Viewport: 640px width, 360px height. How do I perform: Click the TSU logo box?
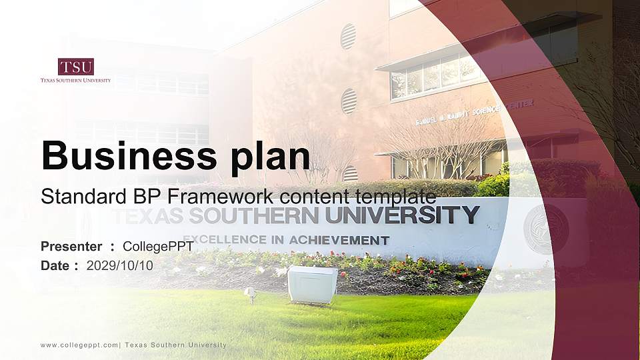click(x=75, y=67)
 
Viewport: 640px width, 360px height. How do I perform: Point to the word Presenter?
click(x=71, y=247)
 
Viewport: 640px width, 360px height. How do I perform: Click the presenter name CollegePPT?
click(x=159, y=247)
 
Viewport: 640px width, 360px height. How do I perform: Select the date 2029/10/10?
click(x=120, y=265)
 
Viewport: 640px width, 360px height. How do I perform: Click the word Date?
click(x=55, y=265)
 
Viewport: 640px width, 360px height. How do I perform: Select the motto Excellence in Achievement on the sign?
click(x=287, y=239)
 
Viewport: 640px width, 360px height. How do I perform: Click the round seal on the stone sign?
click(x=546, y=229)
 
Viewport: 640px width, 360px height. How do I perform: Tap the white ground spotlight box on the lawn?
click(x=312, y=284)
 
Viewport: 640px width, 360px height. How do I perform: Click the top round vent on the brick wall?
click(x=348, y=37)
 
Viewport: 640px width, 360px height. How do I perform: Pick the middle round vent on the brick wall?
click(x=349, y=101)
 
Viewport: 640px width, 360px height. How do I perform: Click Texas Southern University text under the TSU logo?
click(x=75, y=80)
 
